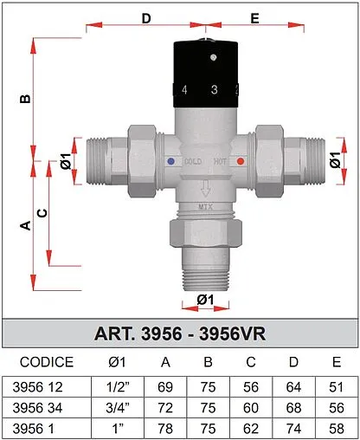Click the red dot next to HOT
(x=241, y=162)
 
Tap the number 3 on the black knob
(x=213, y=90)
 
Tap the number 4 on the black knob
(x=184, y=90)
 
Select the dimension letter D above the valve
(x=145, y=17)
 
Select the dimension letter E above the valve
(x=254, y=17)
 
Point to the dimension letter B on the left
(x=25, y=98)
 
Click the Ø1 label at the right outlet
(x=333, y=160)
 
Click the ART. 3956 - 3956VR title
(x=180, y=333)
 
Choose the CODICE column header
(x=47, y=362)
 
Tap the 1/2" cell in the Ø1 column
(x=118, y=387)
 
